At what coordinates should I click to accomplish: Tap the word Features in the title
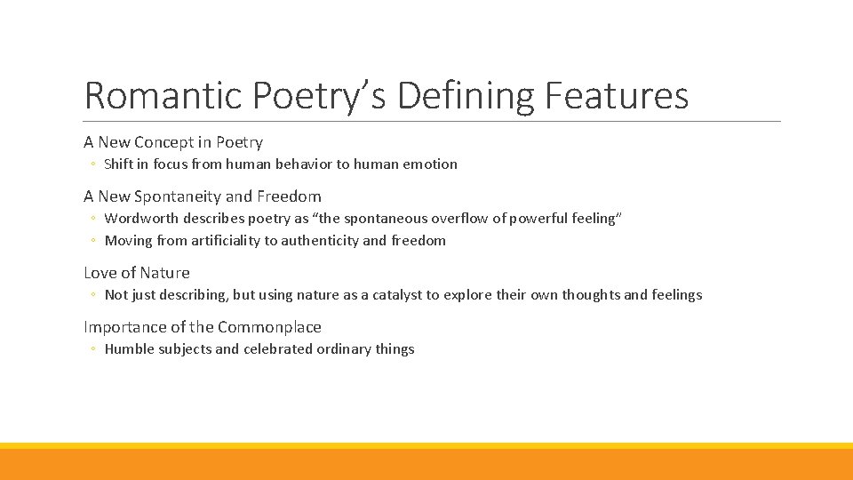(x=618, y=96)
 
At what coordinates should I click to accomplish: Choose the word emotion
(x=427, y=164)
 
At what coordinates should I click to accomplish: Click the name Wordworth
(x=142, y=219)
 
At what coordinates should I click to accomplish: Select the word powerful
(x=528, y=219)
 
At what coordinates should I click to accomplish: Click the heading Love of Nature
(x=137, y=273)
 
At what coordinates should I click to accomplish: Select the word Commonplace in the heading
(x=269, y=327)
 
